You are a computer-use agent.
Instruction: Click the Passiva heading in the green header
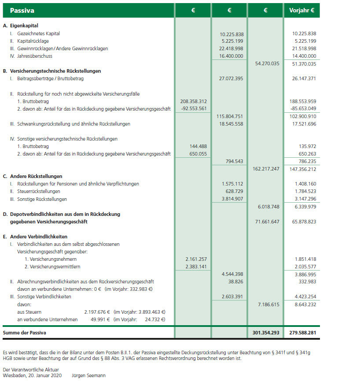[22, 10]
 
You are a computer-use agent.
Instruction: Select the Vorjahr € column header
[301, 10]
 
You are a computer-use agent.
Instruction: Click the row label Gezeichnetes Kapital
[38, 33]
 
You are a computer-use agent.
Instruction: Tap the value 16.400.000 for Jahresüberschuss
[231, 56]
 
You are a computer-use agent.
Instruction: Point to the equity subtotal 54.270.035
[267, 64]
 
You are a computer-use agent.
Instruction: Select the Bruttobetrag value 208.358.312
[193, 101]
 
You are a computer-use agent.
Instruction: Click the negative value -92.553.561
[193, 109]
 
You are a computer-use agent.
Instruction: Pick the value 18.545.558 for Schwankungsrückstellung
[231, 124]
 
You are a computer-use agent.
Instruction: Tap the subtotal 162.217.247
[267, 169]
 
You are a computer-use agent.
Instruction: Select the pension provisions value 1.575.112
[231, 184]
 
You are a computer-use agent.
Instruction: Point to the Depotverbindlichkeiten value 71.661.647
[267, 222]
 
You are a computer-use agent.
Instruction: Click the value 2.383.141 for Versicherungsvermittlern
[193, 267]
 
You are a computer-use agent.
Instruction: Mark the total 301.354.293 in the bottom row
[265, 332]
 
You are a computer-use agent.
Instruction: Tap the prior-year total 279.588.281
[301, 332]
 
